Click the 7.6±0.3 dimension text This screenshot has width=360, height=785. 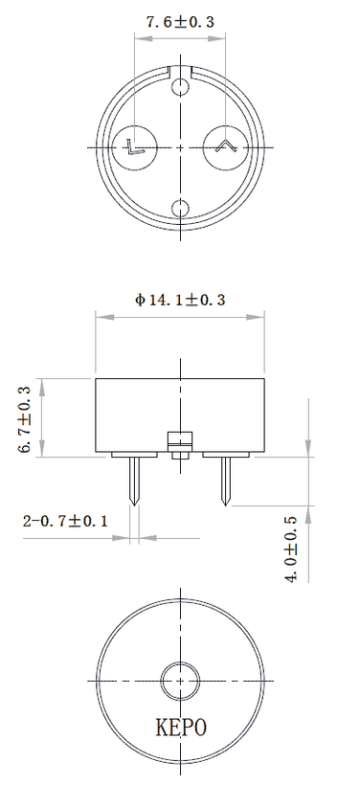coord(180,22)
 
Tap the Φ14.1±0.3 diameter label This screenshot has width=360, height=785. coord(180,300)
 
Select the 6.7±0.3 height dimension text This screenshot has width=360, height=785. coord(25,420)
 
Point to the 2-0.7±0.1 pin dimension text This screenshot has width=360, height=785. coord(65,521)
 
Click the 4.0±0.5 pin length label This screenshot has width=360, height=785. coord(291,548)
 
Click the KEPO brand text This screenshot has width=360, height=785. coord(181,728)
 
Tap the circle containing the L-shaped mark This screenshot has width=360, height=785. coord(135,147)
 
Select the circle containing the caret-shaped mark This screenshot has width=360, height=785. coord(226,147)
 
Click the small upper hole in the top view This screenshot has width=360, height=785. coord(180,86)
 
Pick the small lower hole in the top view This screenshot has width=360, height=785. coord(180,209)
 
